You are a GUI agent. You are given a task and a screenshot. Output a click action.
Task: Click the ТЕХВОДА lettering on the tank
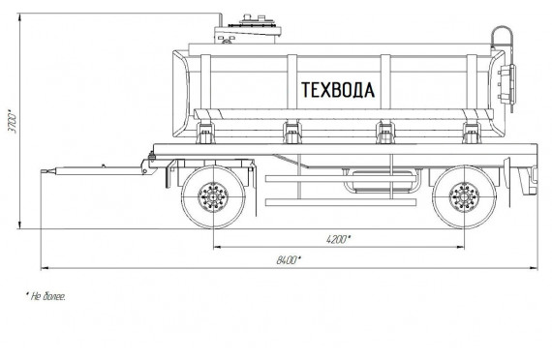click(338, 90)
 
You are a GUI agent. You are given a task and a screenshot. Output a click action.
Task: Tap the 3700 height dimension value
click(13, 121)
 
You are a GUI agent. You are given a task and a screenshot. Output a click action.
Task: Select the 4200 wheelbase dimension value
click(338, 239)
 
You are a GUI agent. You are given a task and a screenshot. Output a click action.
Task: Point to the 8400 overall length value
click(289, 260)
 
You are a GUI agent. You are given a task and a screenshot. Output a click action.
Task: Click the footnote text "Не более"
click(46, 296)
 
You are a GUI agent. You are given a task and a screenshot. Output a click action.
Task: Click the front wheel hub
click(213, 197)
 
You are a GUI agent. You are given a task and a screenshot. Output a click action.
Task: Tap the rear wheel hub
click(465, 197)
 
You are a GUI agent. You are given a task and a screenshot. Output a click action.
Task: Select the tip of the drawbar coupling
click(42, 171)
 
